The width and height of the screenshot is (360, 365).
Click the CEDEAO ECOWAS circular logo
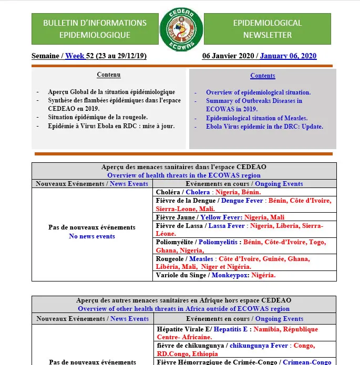(180, 29)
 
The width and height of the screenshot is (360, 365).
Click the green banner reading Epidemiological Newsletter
(267, 29)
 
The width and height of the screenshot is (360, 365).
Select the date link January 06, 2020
(288, 56)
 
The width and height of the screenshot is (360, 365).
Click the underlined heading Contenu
(109, 75)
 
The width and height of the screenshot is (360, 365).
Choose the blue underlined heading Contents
(263, 76)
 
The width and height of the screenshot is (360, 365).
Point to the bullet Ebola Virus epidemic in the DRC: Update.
(264, 127)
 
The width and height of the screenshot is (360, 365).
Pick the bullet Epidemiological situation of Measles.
(256, 118)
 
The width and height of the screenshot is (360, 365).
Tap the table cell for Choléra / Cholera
(244, 193)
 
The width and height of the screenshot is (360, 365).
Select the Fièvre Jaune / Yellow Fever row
(244, 217)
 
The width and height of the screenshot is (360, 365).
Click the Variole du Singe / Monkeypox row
(244, 275)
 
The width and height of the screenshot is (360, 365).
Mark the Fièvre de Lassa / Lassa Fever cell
(244, 230)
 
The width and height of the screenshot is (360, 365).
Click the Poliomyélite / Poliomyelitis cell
(244, 246)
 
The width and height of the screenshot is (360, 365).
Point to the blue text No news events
(92, 236)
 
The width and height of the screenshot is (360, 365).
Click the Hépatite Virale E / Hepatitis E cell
(244, 333)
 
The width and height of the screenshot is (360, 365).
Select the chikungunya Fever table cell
(244, 349)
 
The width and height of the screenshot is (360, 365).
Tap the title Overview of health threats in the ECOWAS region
(184, 175)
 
